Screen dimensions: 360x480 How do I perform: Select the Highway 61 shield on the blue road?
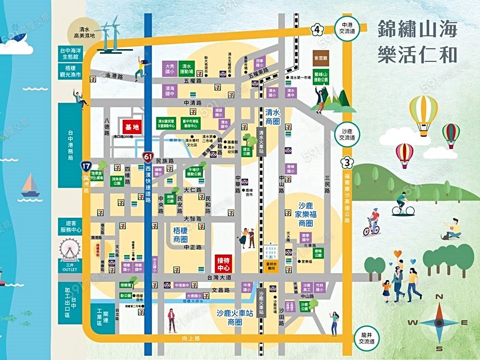148,157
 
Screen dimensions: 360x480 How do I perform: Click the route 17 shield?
86,166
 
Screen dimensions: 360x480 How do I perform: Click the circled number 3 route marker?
347,162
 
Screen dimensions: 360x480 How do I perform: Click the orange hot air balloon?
423,113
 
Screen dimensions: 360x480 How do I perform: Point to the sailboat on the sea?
30,186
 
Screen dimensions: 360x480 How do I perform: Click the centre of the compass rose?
438,322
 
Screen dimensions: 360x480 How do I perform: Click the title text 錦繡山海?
417,29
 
